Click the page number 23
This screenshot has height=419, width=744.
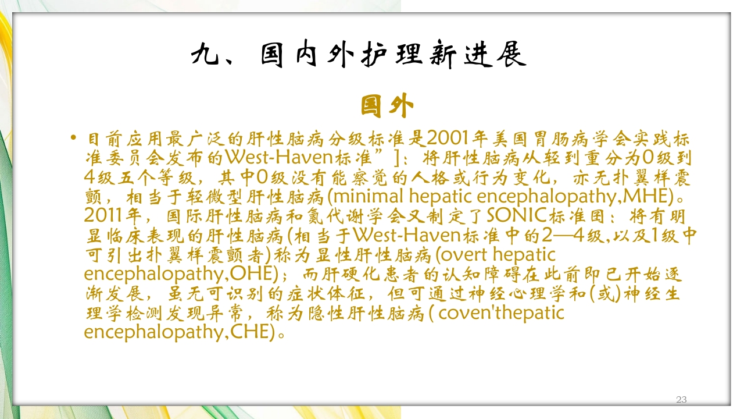coord(682,399)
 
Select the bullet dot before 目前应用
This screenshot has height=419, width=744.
coord(73,139)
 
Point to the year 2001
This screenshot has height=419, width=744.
coord(449,140)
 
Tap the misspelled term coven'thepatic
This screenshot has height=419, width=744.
coord(501,313)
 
